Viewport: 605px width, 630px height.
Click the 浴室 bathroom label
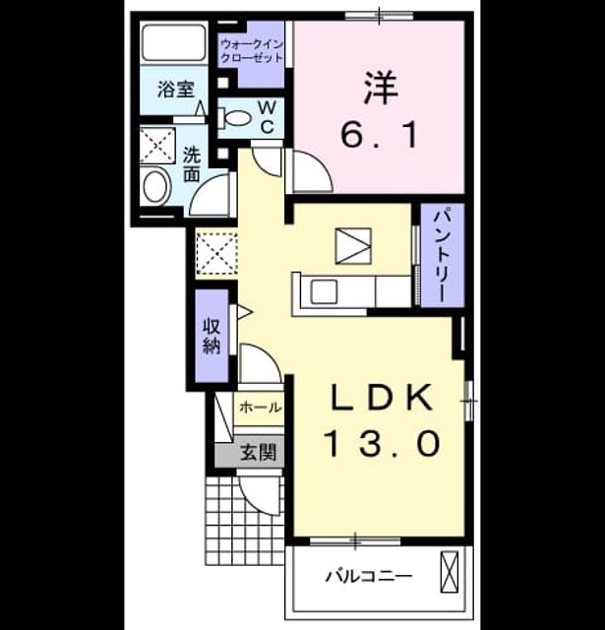click(x=175, y=90)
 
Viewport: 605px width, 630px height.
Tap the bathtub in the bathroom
click(x=173, y=43)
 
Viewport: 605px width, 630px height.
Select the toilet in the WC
click(x=234, y=118)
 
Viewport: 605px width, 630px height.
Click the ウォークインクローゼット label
click(x=252, y=50)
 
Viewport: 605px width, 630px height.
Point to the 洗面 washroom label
click(x=192, y=164)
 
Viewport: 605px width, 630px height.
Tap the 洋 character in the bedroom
click(x=381, y=88)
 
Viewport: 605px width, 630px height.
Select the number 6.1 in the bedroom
click(x=380, y=135)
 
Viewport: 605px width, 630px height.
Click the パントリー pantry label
click(x=444, y=256)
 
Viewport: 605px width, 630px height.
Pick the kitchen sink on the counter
click(x=325, y=291)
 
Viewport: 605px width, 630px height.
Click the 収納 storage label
click(x=212, y=336)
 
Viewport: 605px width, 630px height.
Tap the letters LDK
click(x=382, y=398)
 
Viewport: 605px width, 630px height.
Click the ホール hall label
click(x=260, y=408)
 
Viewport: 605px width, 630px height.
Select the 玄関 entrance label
click(x=258, y=453)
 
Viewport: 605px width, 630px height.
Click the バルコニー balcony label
click(x=369, y=577)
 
